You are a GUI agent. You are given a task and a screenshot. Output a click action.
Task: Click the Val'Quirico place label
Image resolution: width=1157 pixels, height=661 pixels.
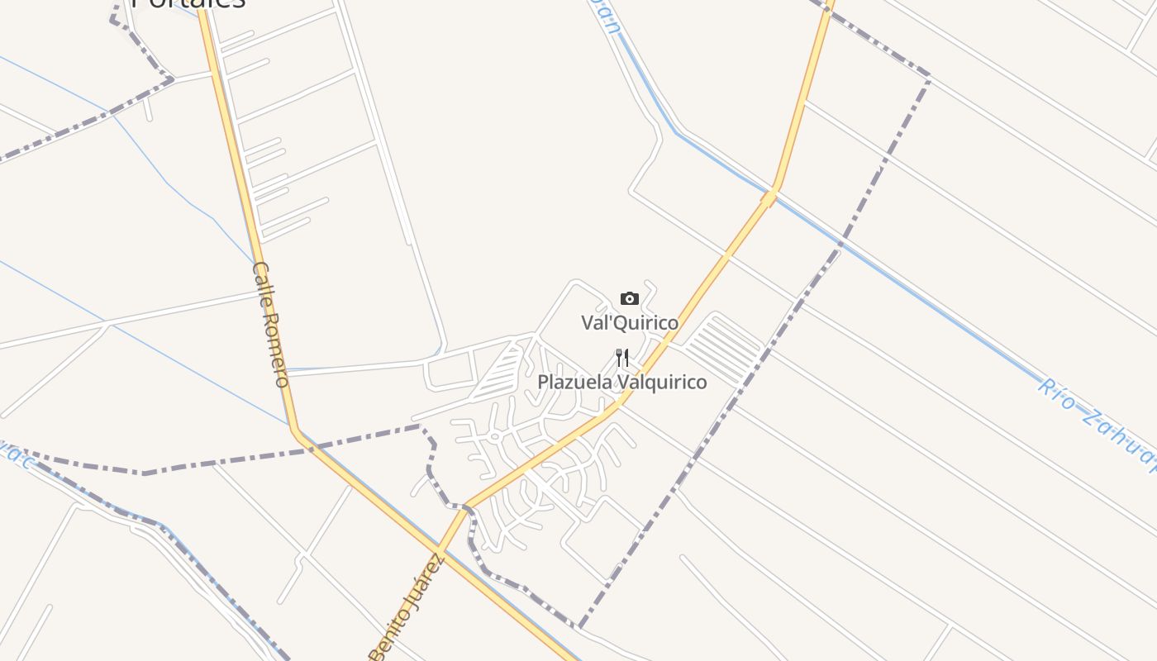pyautogui.click(x=630, y=323)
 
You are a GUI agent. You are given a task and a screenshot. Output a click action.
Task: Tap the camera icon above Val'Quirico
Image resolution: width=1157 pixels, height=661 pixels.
pyautogui.click(x=630, y=298)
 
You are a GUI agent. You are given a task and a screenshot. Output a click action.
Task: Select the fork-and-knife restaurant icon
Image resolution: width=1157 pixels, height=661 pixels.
pyautogui.click(x=622, y=358)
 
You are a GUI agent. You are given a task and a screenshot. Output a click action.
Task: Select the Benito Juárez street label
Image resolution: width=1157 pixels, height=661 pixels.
pyautogui.click(x=407, y=609)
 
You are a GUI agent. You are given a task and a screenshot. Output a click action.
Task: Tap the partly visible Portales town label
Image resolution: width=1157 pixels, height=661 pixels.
pyautogui.click(x=189, y=4)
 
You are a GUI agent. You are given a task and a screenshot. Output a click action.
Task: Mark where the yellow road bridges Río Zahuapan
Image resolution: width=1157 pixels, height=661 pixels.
pyautogui.click(x=769, y=197)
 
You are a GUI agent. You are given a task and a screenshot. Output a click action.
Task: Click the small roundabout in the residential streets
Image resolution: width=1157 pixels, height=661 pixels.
pyautogui.click(x=495, y=436)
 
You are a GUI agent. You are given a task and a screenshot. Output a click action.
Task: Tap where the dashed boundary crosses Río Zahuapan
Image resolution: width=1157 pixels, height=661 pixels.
pyautogui.click(x=840, y=245)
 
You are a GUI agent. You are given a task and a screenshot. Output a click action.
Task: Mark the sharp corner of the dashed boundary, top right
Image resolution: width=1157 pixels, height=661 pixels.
pyautogui.click(x=929, y=78)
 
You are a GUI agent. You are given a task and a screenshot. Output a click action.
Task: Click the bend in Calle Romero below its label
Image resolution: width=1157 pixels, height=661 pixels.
pyautogui.click(x=295, y=429)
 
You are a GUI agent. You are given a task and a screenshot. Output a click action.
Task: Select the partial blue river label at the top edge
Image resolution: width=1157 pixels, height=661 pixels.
pyautogui.click(x=606, y=15)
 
